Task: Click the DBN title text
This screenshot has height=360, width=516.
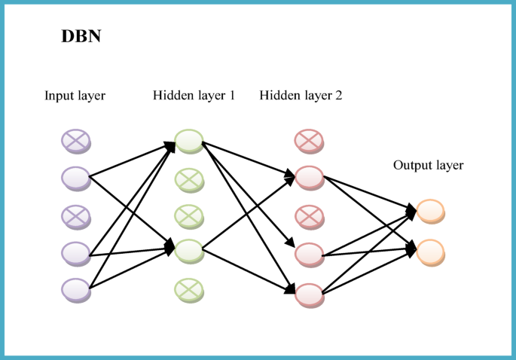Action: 81,37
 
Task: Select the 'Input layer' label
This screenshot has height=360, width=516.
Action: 75,96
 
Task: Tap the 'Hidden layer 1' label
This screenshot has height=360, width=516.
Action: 194,96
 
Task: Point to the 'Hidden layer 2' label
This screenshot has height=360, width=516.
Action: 301,96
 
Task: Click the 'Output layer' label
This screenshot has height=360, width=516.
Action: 428,165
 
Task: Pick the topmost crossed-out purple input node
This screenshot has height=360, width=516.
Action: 75,139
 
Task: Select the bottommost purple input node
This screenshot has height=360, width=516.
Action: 75,288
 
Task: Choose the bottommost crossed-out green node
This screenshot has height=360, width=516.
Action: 188,288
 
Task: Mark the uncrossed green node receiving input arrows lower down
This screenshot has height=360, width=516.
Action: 188,250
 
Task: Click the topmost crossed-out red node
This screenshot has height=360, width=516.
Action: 308,139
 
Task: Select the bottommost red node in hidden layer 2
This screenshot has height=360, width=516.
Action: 308,292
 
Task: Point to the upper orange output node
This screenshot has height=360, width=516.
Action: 429,210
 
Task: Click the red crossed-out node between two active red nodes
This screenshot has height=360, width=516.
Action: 308,216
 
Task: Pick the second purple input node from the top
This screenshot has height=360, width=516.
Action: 75,177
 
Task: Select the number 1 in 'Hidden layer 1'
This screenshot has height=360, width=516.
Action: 232,96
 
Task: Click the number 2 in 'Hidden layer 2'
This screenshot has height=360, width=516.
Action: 339,96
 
